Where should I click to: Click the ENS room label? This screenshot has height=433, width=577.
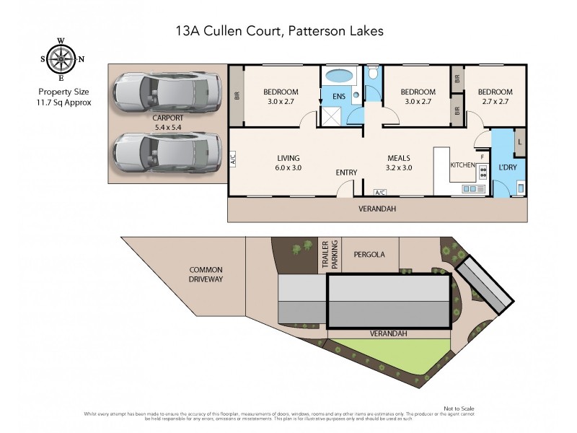(x=338, y=97)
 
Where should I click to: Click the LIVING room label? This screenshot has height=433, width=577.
(x=288, y=159)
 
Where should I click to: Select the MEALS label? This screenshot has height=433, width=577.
(x=399, y=159)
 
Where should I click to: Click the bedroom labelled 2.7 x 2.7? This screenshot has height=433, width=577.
(x=495, y=97)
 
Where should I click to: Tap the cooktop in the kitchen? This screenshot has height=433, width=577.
(x=483, y=173)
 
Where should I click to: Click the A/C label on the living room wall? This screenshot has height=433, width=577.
(x=233, y=161)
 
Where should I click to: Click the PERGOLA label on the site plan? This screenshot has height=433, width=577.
(x=369, y=255)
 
